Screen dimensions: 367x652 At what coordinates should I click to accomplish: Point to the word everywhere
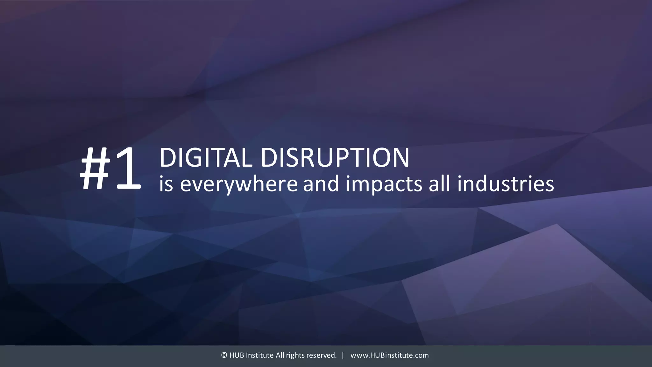[x=239, y=184]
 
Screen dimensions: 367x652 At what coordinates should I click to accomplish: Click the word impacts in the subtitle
[x=384, y=184]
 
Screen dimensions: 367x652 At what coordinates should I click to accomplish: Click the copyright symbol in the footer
[x=224, y=355]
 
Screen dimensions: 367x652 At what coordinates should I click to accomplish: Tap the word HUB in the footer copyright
[x=237, y=355]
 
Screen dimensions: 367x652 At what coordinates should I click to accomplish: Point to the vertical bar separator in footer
[x=343, y=355]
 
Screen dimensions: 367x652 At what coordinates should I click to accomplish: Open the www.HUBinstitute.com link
[x=389, y=355]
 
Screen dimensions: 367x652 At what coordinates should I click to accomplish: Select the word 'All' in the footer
[x=280, y=355]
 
